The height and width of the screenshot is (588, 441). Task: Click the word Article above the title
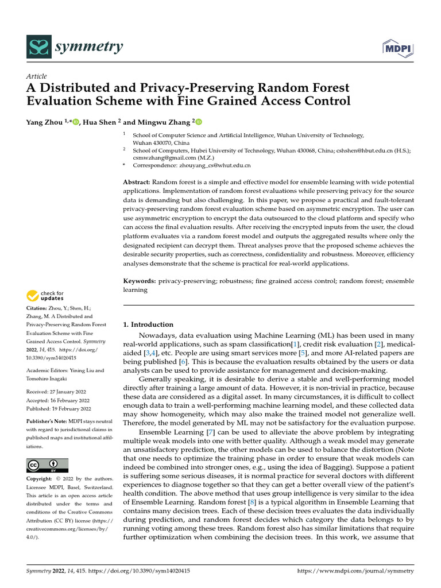point(37,76)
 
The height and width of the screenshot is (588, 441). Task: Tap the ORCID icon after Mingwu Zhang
point(200,122)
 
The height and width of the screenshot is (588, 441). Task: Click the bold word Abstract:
point(137,182)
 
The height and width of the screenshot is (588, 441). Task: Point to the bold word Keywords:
point(140,281)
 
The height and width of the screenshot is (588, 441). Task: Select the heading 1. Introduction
point(148,324)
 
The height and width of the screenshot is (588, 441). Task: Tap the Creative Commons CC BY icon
point(47,465)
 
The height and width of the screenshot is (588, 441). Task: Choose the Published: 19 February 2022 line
point(59,409)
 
